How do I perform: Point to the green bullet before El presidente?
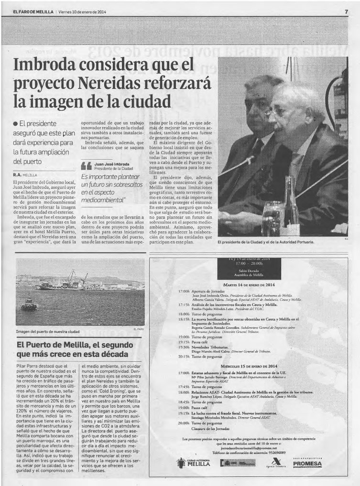(16, 124)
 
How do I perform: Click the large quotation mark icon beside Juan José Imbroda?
(87, 166)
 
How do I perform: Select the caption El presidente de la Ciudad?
(265, 242)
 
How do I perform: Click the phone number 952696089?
(274, 452)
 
